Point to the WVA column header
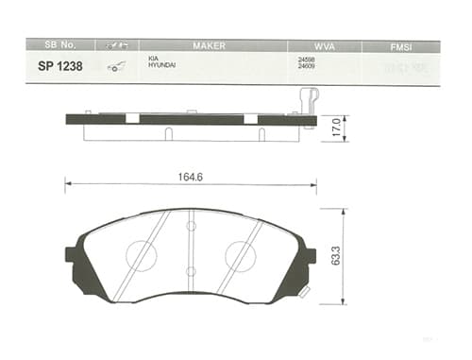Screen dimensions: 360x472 [x=325, y=45]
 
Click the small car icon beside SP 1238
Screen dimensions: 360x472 [x=118, y=67]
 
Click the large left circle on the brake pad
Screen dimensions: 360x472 [x=142, y=255]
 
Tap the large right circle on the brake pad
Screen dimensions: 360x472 [x=240, y=255]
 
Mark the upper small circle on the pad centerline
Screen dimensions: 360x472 [x=191, y=226]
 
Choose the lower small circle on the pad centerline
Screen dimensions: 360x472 [x=191, y=272]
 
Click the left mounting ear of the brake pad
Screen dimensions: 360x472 [x=73, y=256]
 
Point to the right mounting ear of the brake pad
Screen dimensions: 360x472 [x=308, y=256]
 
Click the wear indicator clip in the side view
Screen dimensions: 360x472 [x=309, y=100]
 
